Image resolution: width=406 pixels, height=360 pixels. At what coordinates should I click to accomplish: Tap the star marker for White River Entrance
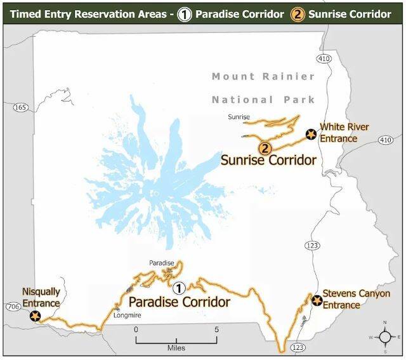310,134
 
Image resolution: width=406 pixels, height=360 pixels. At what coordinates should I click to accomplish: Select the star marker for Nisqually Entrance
34,316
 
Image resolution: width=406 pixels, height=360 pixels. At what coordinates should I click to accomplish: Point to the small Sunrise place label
239,117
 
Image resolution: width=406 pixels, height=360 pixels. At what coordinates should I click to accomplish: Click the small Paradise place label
161,263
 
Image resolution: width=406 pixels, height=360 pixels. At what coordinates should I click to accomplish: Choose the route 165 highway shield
20,107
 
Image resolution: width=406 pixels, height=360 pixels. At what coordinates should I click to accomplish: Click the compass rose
384,337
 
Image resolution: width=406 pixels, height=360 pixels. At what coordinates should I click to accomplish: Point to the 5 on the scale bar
218,330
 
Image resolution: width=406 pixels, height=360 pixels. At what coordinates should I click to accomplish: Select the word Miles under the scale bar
176,349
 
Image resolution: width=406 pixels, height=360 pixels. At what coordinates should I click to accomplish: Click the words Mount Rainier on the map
263,77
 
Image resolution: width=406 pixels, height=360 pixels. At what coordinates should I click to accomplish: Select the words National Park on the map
263,100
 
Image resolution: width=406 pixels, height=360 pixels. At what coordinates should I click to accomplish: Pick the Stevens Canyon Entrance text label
356,299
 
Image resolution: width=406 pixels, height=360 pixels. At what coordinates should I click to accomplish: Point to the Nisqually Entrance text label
41,298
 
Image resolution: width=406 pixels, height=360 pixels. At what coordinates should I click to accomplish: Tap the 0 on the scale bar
135,330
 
